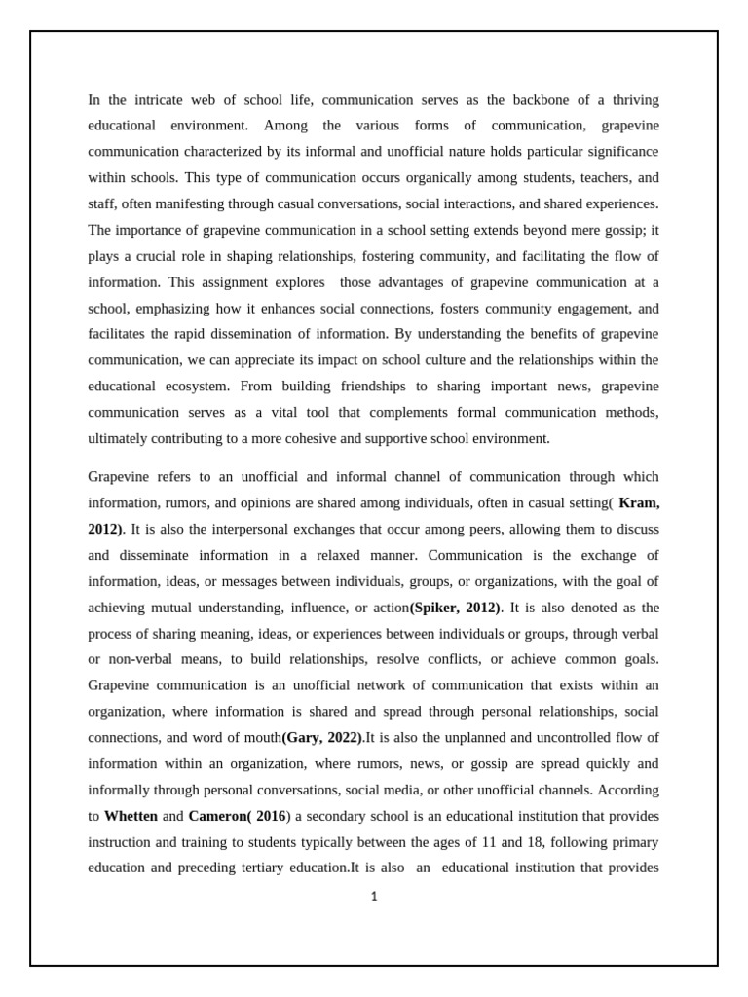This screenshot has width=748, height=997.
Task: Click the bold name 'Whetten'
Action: coord(131,816)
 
